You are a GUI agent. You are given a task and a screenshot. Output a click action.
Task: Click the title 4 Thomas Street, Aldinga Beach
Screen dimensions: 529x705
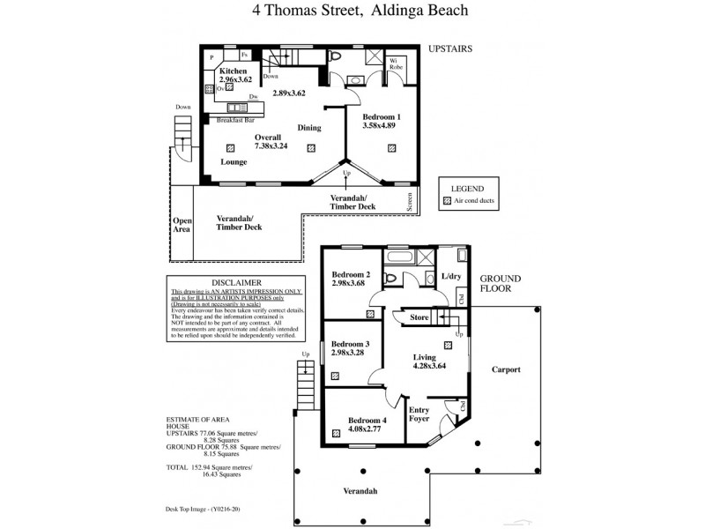[352, 12]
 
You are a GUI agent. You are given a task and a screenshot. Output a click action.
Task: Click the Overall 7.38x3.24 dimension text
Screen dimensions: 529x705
[268, 142]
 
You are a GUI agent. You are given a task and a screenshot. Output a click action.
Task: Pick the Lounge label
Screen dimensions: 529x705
[234, 162]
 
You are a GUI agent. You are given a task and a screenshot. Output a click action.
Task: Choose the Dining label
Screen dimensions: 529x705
[308, 128]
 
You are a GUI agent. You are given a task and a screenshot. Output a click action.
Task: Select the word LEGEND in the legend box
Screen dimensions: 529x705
[468, 188]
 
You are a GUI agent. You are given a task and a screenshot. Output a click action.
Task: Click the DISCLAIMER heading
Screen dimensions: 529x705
[225, 282]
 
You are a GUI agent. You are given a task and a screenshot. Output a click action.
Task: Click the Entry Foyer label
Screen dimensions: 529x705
[419, 414]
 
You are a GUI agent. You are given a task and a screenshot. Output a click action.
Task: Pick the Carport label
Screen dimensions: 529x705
[506, 369]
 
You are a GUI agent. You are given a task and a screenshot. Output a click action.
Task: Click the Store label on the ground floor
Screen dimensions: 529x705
[419, 317]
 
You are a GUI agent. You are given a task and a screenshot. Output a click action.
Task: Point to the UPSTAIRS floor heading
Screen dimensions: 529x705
[450, 50]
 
